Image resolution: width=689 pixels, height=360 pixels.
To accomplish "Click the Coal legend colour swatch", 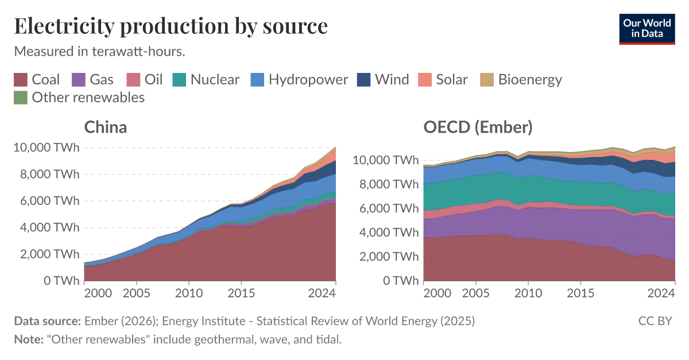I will [21, 80].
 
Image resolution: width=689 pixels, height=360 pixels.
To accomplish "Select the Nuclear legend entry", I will [206, 80].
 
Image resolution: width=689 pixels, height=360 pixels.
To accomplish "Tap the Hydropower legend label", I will [308, 80].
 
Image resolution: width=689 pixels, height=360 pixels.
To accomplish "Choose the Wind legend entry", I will [383, 80].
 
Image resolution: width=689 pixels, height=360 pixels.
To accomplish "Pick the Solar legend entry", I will [443, 80].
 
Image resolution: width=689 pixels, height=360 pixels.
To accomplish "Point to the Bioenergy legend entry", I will [521, 80].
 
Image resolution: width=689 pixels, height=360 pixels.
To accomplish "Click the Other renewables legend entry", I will [79, 98].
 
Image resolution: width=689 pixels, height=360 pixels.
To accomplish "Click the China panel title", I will [106, 127].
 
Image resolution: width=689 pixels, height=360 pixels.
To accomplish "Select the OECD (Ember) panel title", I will [478, 127].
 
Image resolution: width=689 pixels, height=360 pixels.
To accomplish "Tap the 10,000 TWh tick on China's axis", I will [46, 148].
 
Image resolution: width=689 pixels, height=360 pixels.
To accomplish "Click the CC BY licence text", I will [655, 321].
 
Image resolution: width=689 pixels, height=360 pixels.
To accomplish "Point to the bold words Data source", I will [47, 321].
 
